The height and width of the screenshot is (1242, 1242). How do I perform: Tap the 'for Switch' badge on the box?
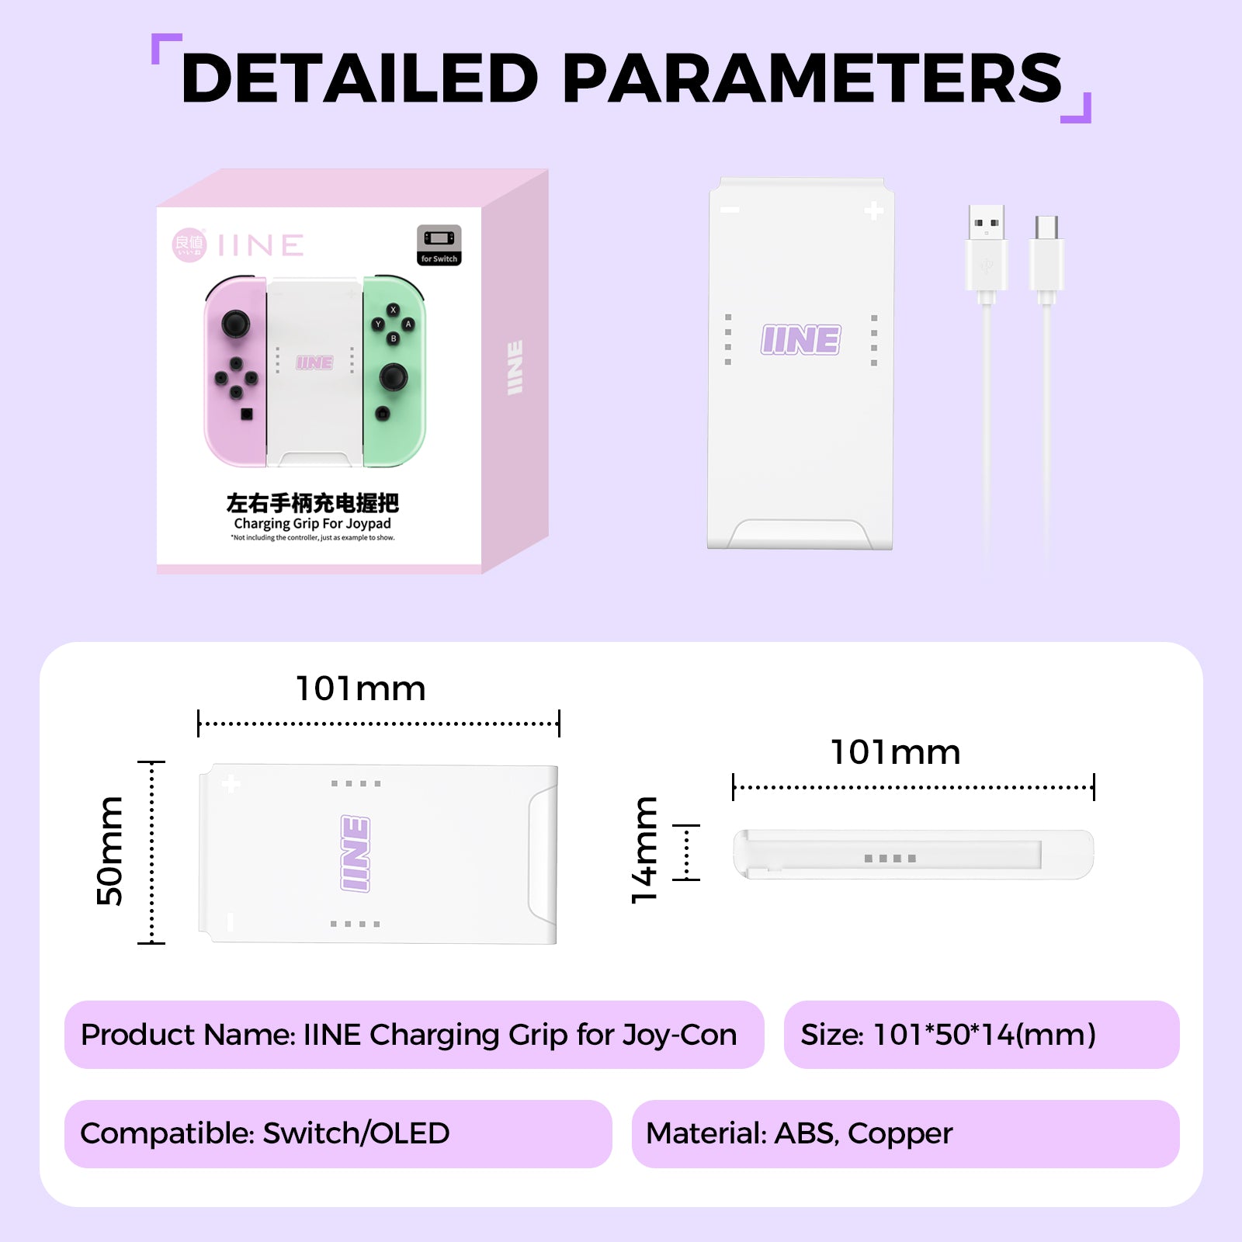(x=439, y=245)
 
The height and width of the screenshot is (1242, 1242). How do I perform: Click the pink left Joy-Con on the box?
(x=235, y=371)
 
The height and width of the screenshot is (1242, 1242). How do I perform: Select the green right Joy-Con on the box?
(x=394, y=371)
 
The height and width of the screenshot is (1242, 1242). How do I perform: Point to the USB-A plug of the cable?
(x=987, y=248)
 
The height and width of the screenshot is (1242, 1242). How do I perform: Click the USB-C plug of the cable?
(x=1046, y=256)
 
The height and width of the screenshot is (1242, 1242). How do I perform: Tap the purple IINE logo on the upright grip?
(x=800, y=340)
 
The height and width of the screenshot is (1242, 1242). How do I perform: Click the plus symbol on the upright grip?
(x=874, y=210)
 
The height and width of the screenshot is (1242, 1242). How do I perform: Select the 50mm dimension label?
(x=109, y=852)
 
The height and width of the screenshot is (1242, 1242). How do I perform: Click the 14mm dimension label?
(x=645, y=851)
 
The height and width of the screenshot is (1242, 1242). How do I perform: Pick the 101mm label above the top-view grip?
(x=361, y=689)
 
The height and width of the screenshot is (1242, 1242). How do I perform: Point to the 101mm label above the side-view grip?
(x=895, y=752)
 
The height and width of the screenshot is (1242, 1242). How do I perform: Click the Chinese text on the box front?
(x=312, y=503)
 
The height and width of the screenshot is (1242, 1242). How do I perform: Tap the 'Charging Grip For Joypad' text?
(x=312, y=524)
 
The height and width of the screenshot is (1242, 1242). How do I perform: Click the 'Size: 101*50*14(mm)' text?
(x=948, y=1035)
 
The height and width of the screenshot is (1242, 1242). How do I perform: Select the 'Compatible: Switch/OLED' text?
(x=265, y=1133)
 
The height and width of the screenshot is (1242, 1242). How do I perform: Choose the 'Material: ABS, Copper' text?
(x=799, y=1133)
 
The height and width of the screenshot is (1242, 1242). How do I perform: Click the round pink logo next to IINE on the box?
(x=189, y=245)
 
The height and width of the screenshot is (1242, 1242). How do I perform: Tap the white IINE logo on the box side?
(x=515, y=367)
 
